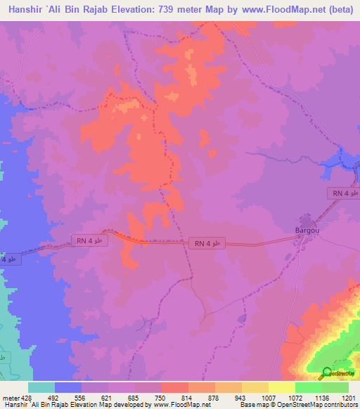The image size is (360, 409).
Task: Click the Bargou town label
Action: pyautogui.click(x=307, y=230)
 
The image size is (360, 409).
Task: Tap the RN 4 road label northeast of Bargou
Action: pyautogui.click(x=343, y=193)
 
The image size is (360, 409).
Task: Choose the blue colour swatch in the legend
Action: pyautogui.click(x=68, y=387)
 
